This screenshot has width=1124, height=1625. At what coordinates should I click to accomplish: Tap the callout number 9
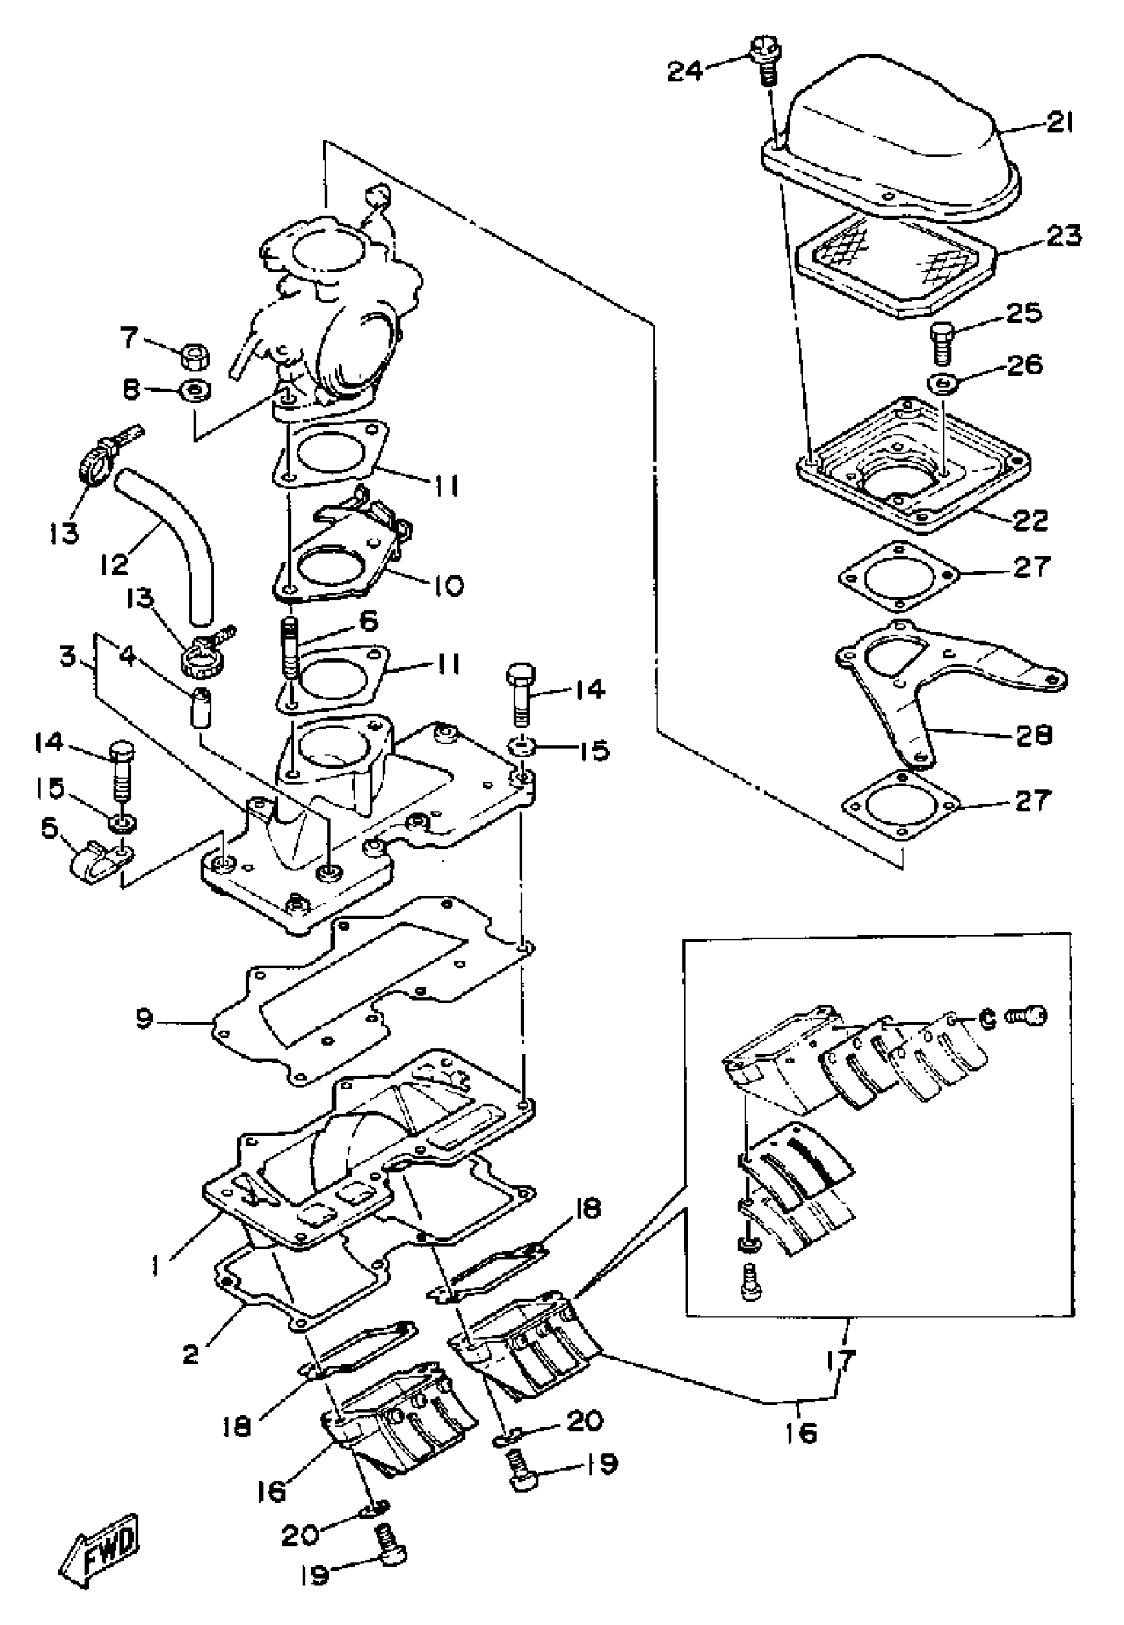(143, 1019)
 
